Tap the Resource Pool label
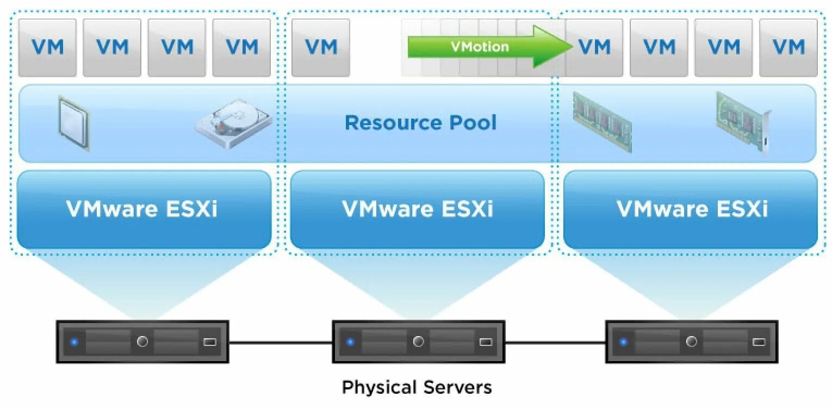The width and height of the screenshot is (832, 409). [420, 122]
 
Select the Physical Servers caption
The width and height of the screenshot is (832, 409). [417, 387]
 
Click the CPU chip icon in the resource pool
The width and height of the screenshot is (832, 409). [74, 123]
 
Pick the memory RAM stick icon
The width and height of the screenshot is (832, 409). [602, 121]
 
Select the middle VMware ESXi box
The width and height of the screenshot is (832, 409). [417, 209]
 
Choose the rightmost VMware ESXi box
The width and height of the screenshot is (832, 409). [691, 209]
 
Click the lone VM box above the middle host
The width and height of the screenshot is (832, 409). [320, 47]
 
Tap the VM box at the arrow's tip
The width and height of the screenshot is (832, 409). [594, 47]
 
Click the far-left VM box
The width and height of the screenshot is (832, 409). [47, 47]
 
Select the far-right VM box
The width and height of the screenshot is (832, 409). [788, 47]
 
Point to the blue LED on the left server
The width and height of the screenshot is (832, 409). [74, 342]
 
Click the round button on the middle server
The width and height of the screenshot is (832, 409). [418, 342]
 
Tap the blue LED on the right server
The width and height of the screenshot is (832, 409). [623, 342]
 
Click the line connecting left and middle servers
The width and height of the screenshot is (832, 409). [280, 343]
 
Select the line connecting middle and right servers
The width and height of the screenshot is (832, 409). [555, 343]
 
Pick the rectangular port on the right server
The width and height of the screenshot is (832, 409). [759, 342]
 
